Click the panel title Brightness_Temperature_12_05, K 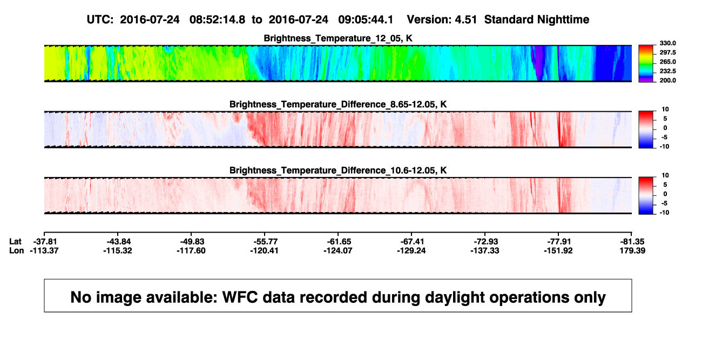click(x=338, y=38)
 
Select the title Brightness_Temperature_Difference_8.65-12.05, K click(x=338, y=104)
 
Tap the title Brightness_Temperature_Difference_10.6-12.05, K click(x=338, y=171)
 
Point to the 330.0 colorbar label click(x=667, y=43)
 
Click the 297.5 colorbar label click(x=667, y=52)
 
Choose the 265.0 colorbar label click(x=667, y=62)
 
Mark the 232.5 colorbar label click(x=667, y=71)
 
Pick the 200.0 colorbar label click(x=667, y=80)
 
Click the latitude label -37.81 click(x=45, y=242)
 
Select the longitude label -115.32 click(x=118, y=250)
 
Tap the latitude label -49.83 click(x=192, y=242)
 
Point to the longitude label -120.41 click(x=264, y=250)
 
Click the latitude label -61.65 click(x=339, y=242)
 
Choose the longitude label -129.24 click(x=411, y=250)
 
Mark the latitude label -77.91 click(x=559, y=242)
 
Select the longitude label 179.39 click(x=632, y=250)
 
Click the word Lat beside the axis click(x=15, y=242)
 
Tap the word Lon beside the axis click(x=17, y=250)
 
